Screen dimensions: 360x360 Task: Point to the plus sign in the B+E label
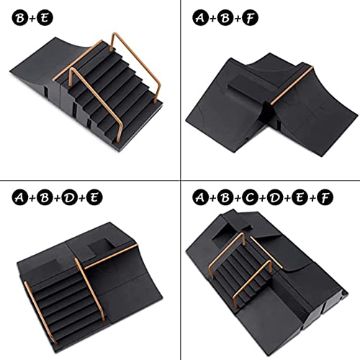(29, 14)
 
